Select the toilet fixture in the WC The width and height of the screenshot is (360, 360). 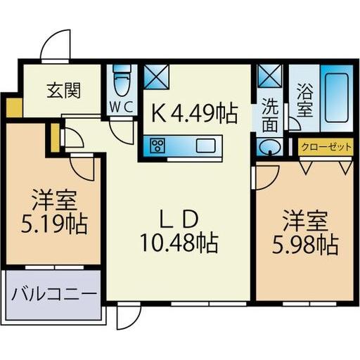pos(123,80)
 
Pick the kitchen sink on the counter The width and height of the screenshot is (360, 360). pos(209,146)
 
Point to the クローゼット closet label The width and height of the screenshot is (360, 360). pos(325,148)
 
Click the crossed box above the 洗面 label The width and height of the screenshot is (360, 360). pos(269,76)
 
